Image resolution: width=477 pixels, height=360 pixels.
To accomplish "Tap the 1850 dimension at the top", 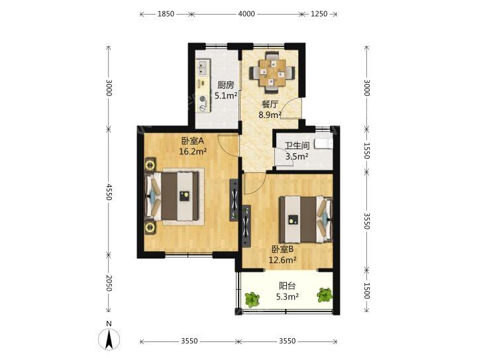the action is [x=166, y=14].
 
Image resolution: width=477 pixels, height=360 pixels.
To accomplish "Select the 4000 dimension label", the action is [x=246, y=14].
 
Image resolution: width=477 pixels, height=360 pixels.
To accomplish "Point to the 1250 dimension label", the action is [x=319, y=14].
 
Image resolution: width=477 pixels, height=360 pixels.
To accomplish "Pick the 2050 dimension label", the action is [x=109, y=282].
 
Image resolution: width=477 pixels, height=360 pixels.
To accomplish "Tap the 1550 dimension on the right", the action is [x=367, y=150].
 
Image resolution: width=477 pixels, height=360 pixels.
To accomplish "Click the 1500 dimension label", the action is [x=367, y=290].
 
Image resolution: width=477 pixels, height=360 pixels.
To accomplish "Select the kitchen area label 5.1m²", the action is [x=226, y=96].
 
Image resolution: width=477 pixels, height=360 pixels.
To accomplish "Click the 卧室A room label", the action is [x=193, y=141].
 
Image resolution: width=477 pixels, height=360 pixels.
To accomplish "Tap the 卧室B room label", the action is [x=283, y=249].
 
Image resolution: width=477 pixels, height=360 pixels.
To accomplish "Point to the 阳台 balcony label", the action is [x=287, y=286].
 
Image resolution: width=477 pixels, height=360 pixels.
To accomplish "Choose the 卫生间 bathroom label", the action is [x=297, y=146].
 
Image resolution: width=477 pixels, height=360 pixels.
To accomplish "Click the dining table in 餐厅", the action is [x=272, y=73].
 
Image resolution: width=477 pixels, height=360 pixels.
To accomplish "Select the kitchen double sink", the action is [x=203, y=68].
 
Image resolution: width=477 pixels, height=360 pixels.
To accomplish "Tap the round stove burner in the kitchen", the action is [x=202, y=99].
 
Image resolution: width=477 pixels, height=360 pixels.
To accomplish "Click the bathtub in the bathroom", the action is [x=323, y=143].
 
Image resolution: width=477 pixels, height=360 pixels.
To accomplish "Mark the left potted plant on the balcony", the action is [x=252, y=300].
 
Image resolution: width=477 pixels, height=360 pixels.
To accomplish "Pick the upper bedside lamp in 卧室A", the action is [x=150, y=165].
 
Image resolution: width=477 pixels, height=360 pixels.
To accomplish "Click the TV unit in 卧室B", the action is [x=246, y=226].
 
